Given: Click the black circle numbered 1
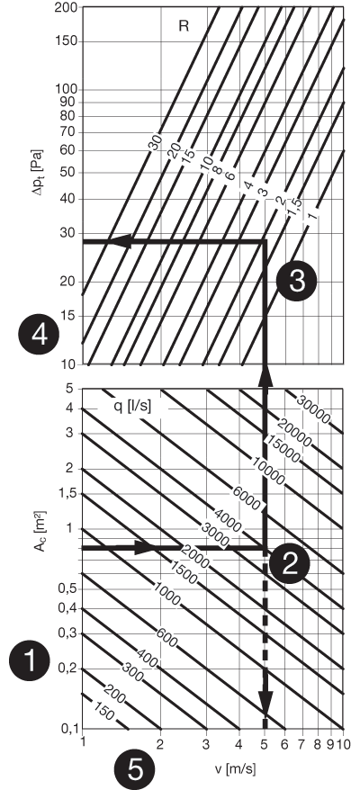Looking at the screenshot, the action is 30,661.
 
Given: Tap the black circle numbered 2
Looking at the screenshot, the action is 290,564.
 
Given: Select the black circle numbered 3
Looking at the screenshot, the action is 296,282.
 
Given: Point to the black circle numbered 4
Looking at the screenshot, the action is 39,335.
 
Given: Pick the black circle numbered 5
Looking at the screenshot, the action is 134,770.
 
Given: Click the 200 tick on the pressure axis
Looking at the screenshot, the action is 67,8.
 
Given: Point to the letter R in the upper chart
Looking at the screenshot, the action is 184,27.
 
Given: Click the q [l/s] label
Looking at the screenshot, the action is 131,405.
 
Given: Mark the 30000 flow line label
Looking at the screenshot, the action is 314,409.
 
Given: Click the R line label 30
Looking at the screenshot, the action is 156,142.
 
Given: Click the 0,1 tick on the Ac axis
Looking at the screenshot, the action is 68,729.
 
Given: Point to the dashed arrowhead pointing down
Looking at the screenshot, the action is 265,704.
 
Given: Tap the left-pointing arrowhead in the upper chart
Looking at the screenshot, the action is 121,242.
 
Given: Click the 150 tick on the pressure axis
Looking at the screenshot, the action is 67,41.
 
